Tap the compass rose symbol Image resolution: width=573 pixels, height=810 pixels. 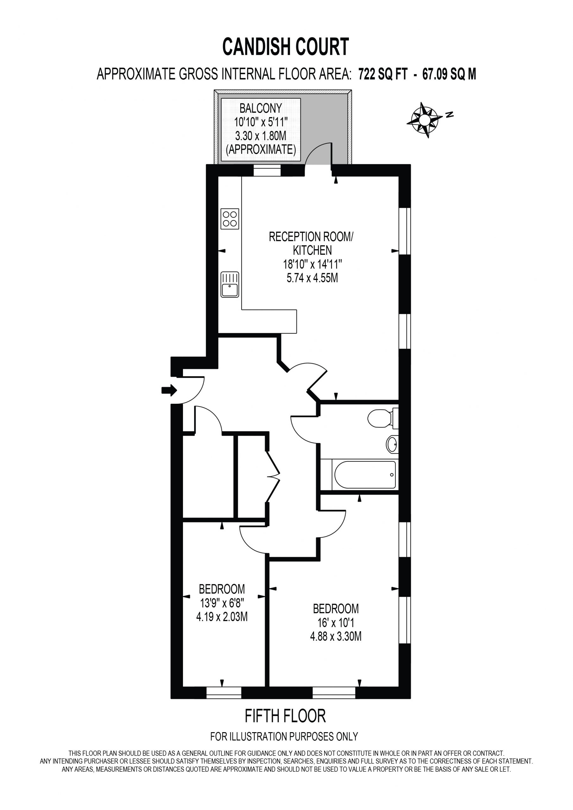[424, 120]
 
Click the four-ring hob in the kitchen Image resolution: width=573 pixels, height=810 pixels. [230, 219]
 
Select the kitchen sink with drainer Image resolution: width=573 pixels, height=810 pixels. [230, 284]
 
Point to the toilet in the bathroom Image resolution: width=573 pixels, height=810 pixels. [383, 418]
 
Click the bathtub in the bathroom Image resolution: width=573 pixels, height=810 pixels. [365, 475]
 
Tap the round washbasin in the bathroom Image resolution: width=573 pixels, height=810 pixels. [392, 444]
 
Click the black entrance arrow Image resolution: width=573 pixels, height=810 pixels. [169, 390]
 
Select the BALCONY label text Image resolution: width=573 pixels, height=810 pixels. [261, 108]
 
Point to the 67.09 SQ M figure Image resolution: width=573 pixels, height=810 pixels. [449, 74]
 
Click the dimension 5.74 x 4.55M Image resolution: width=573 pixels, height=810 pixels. [312, 278]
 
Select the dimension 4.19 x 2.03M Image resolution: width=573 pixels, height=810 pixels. [222, 617]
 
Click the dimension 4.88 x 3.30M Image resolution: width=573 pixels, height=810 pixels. [336, 636]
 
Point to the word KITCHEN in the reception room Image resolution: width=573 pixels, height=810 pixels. [312, 250]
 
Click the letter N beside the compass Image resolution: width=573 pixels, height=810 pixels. [450, 114]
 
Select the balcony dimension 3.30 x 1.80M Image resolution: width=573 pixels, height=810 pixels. [261, 136]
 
